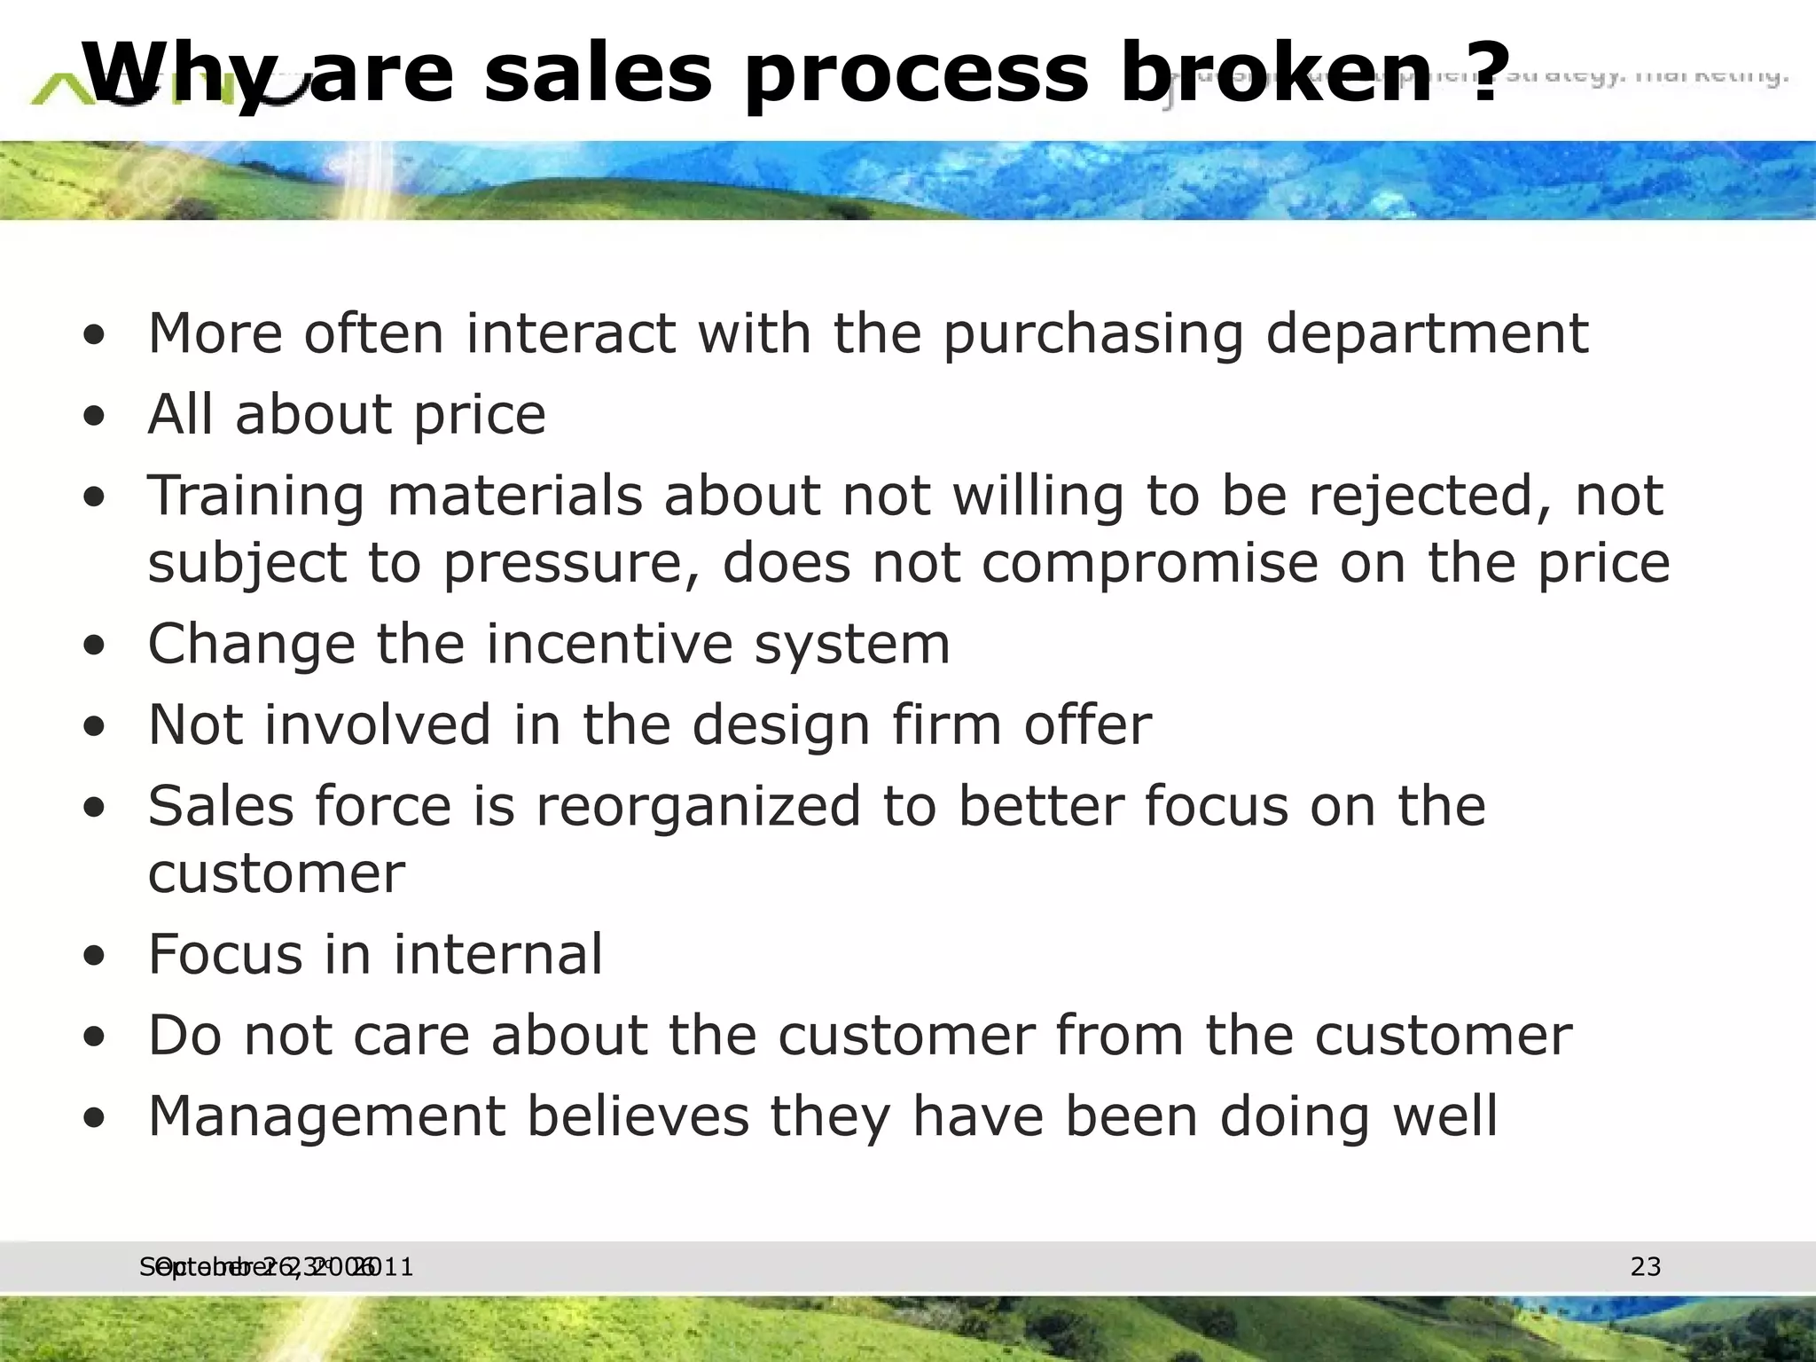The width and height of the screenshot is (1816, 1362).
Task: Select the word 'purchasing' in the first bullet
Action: (x=1092, y=335)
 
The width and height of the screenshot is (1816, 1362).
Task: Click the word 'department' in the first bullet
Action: (x=1426, y=335)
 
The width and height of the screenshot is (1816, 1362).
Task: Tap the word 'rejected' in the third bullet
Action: (x=1430, y=497)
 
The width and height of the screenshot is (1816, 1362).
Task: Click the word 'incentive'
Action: (x=610, y=644)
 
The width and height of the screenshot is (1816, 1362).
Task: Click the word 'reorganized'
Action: (x=698, y=806)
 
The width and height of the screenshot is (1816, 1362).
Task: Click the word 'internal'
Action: (x=497, y=955)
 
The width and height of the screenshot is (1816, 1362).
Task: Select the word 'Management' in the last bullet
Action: (x=326, y=1117)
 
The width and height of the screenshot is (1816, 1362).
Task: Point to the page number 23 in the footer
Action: (x=1645, y=1267)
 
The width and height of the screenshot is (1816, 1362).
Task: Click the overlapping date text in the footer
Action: (x=276, y=1267)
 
